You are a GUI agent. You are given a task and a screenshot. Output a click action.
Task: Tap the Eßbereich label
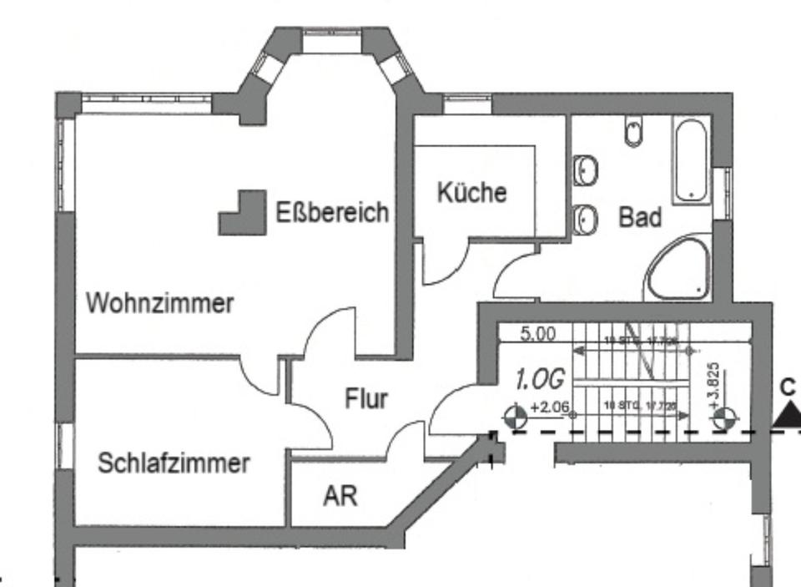[x=332, y=211]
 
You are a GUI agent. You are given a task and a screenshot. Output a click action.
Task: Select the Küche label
[x=471, y=192]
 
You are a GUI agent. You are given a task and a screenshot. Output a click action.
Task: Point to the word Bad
[x=640, y=217]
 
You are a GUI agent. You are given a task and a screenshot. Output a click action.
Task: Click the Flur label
[x=366, y=399]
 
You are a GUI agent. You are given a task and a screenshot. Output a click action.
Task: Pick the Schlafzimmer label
[x=174, y=463]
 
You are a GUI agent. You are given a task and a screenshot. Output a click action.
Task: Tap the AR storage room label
[x=340, y=496]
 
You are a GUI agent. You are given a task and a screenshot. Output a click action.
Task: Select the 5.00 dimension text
[x=537, y=334]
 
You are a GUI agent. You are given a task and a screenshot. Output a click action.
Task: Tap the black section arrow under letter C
[x=787, y=415]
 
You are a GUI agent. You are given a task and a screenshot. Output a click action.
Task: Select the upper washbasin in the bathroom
[x=585, y=171]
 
